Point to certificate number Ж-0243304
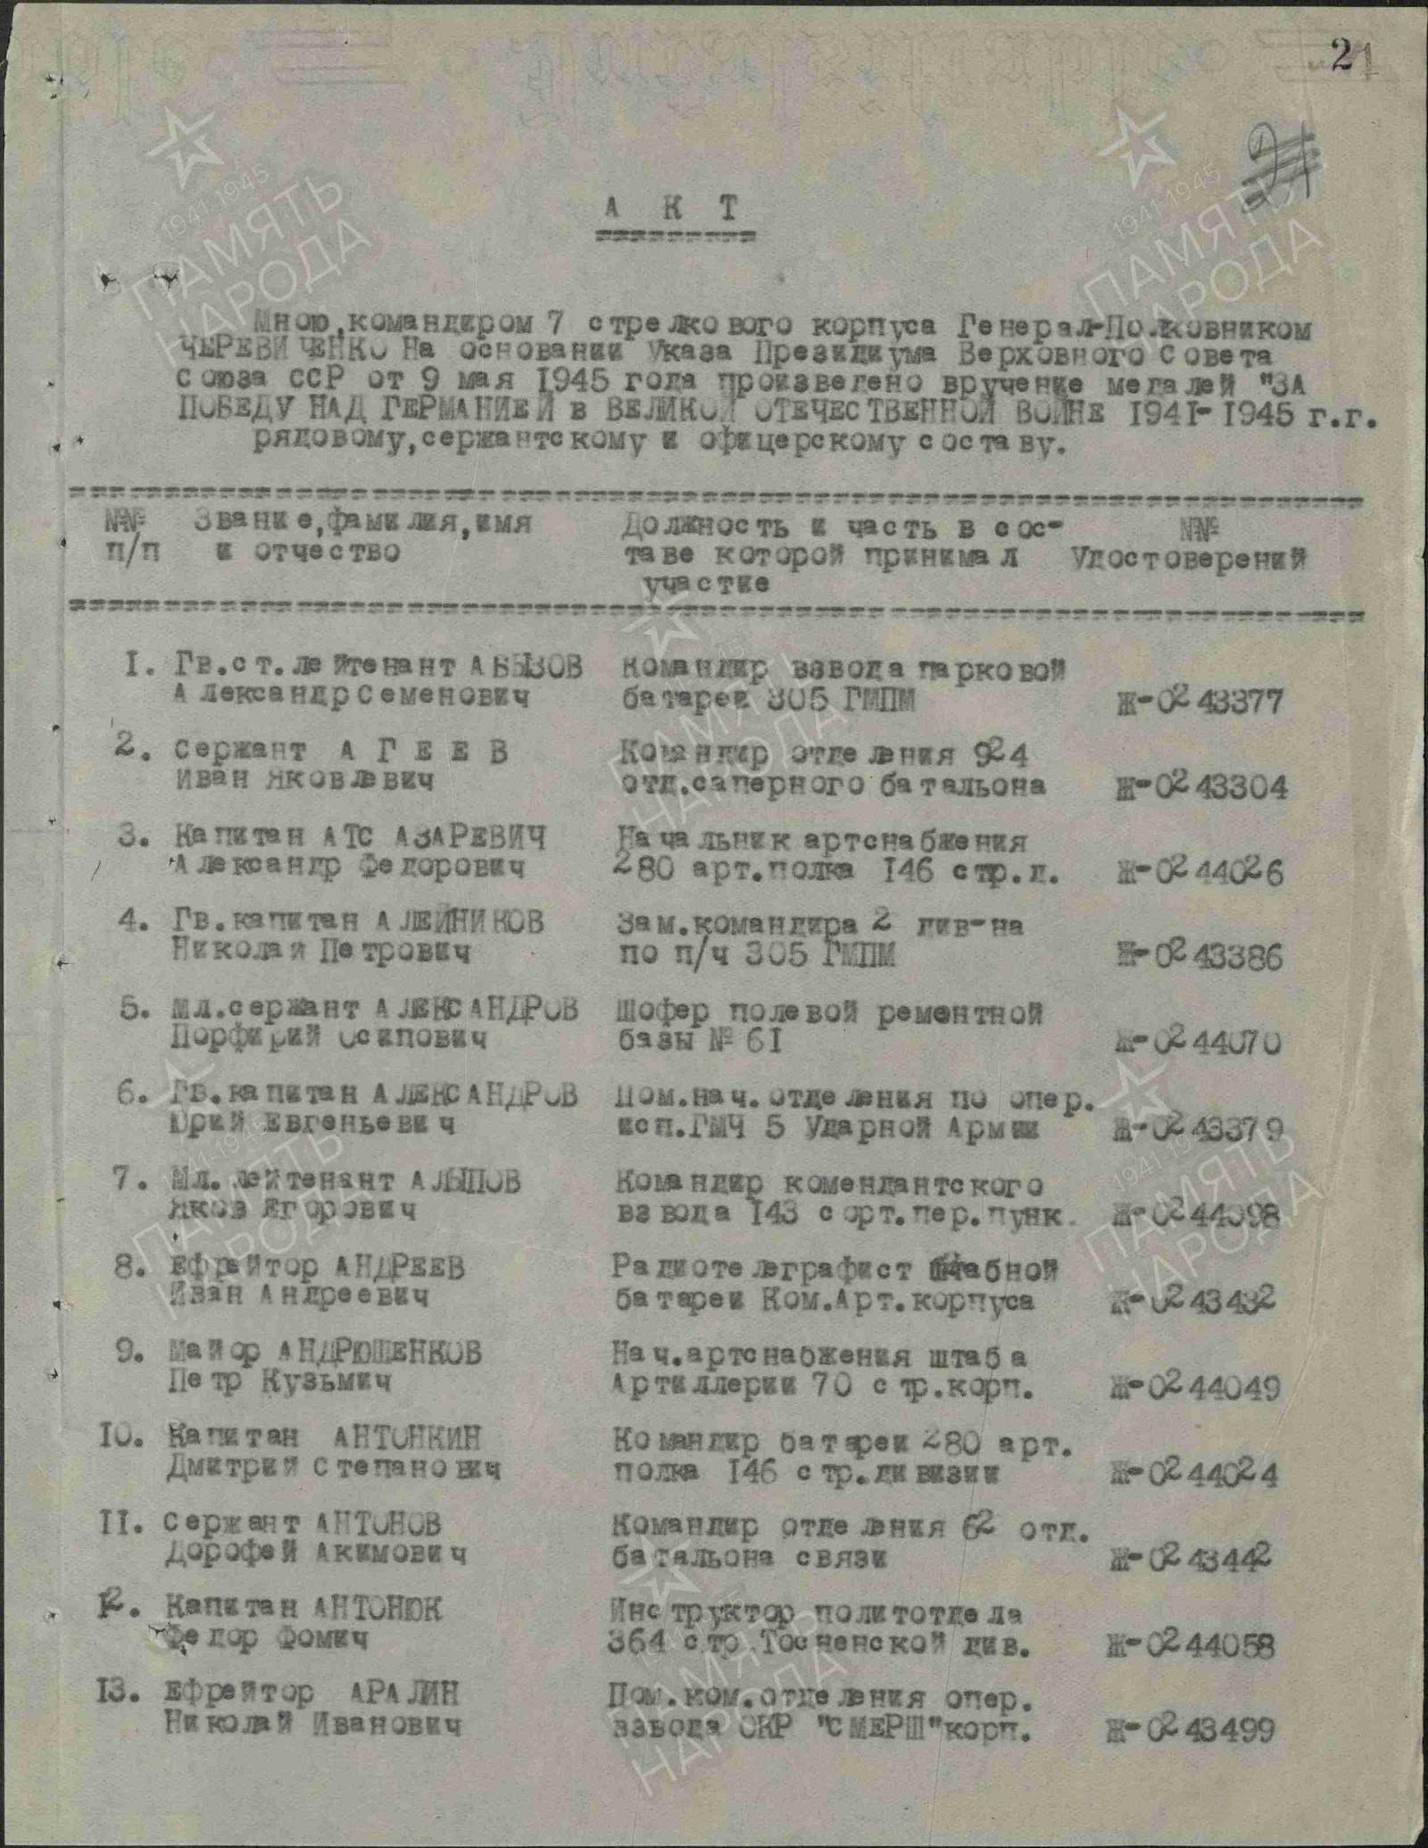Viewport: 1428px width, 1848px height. (x=1201, y=787)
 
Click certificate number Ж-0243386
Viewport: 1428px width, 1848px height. (x=1200, y=957)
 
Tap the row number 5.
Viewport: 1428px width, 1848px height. (x=130, y=1008)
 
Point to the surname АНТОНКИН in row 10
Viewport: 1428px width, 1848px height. (x=407, y=1437)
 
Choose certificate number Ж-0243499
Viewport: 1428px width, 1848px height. (x=1191, y=1730)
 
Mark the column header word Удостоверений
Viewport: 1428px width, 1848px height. (x=1188, y=561)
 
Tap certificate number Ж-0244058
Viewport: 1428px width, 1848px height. (x=1192, y=1644)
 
